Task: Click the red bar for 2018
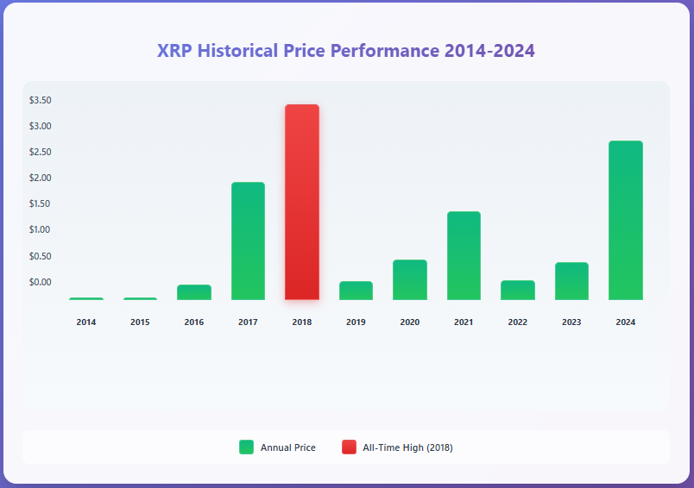coord(302,203)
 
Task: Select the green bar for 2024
coord(626,221)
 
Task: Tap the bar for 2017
coord(248,241)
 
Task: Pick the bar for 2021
coord(464,256)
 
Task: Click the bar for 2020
coord(410,280)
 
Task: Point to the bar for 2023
coord(571,281)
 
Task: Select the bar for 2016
coord(194,292)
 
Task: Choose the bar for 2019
coord(356,291)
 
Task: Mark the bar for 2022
coord(518,291)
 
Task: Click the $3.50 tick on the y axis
coord(41,100)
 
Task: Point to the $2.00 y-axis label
coord(41,178)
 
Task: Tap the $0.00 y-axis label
coord(41,282)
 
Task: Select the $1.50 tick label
coord(41,203)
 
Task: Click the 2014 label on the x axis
coord(86,322)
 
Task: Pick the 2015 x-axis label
coord(140,322)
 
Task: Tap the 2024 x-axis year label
coord(626,322)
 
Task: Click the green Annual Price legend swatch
coord(247,447)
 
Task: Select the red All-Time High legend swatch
coord(349,447)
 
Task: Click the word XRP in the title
coord(175,51)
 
